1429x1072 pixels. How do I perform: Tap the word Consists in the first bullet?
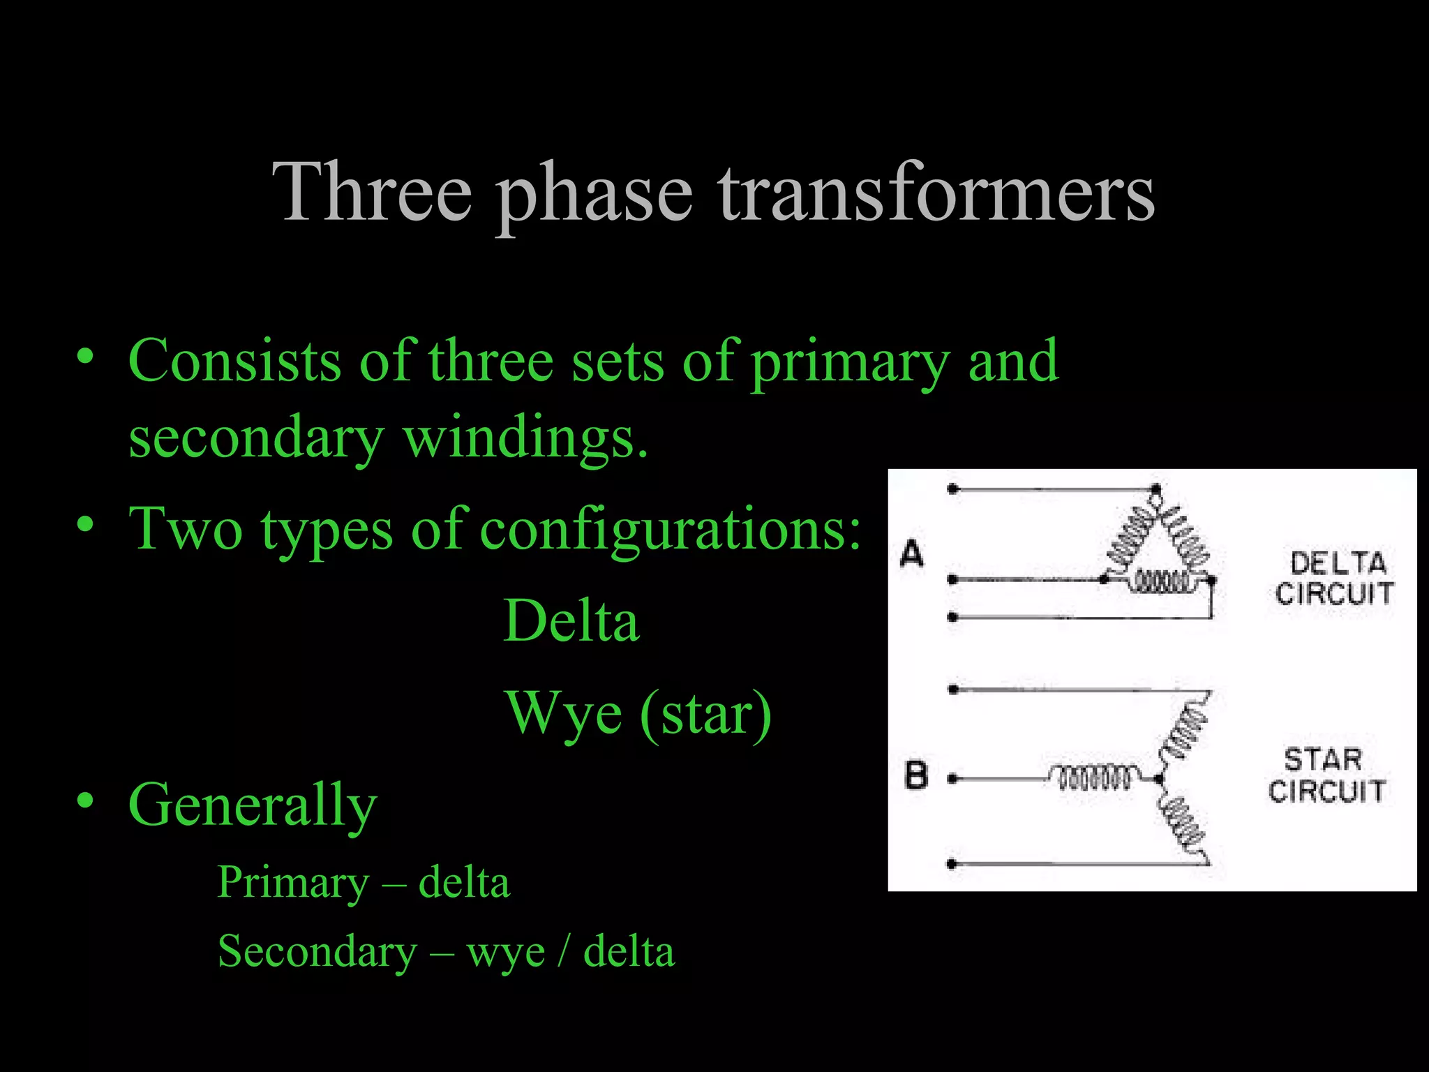(234, 361)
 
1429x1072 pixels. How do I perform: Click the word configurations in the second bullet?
(670, 529)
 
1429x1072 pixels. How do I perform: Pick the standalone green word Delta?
(571, 620)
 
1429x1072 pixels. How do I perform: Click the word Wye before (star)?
(564, 713)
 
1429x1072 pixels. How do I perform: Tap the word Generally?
(252, 806)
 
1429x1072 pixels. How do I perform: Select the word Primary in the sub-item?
(293, 882)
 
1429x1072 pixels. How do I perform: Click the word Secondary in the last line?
(317, 951)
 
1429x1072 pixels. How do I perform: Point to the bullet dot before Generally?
(85, 801)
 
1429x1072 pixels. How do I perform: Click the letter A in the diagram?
(912, 554)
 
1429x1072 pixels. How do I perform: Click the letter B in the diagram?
(916, 775)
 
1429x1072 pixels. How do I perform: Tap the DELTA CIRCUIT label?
(1334, 579)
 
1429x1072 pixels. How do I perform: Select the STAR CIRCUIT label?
(1326, 775)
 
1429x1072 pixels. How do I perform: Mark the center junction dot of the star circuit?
(1158, 778)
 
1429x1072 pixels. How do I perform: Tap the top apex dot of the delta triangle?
(1155, 489)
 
